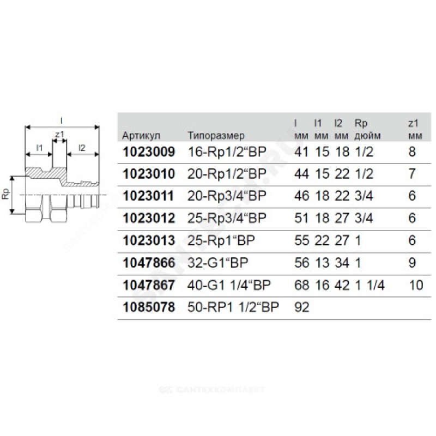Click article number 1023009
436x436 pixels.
pos(149,152)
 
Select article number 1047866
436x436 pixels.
pos(149,263)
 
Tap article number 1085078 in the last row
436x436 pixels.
pos(149,308)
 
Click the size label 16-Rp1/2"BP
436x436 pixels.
pos(223,152)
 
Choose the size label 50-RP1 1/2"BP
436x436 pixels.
pos(233,308)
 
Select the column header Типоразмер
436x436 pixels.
pos(216,135)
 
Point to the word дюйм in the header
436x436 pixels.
pos(368,135)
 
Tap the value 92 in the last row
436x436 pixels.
pos(301,308)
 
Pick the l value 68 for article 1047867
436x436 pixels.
pos(301,286)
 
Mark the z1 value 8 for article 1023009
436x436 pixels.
pos(412,152)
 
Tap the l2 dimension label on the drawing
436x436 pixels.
pos(82,147)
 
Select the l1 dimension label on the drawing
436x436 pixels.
pos(39,147)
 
